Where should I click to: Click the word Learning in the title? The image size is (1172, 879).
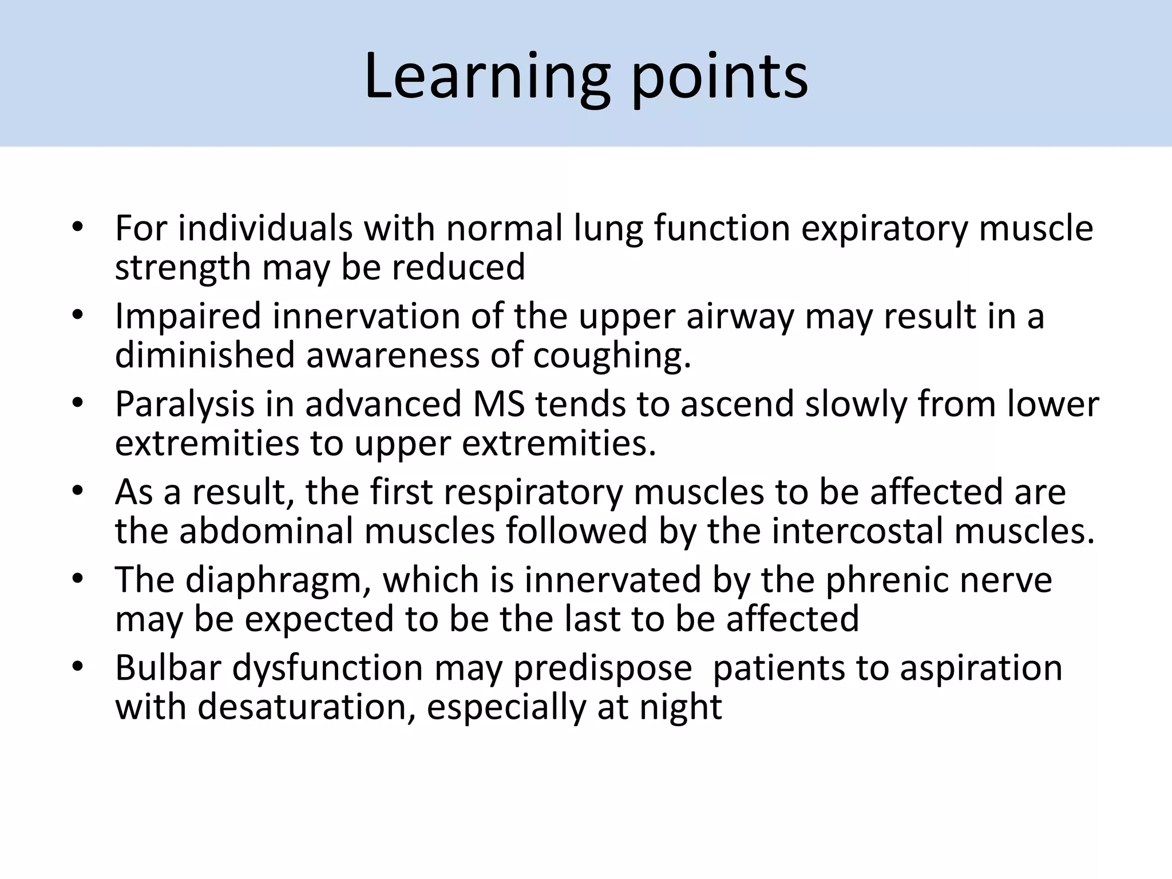coord(486,77)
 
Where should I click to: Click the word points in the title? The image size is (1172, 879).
coord(719,77)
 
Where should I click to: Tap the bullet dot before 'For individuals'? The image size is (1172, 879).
coord(78,228)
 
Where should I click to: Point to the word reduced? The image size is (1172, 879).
coord(458,267)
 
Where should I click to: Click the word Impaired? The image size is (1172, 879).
coord(188,316)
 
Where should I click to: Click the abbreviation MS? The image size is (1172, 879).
coord(498,404)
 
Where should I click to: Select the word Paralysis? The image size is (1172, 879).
coord(184,405)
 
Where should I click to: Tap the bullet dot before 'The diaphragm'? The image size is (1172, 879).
coord(78,579)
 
